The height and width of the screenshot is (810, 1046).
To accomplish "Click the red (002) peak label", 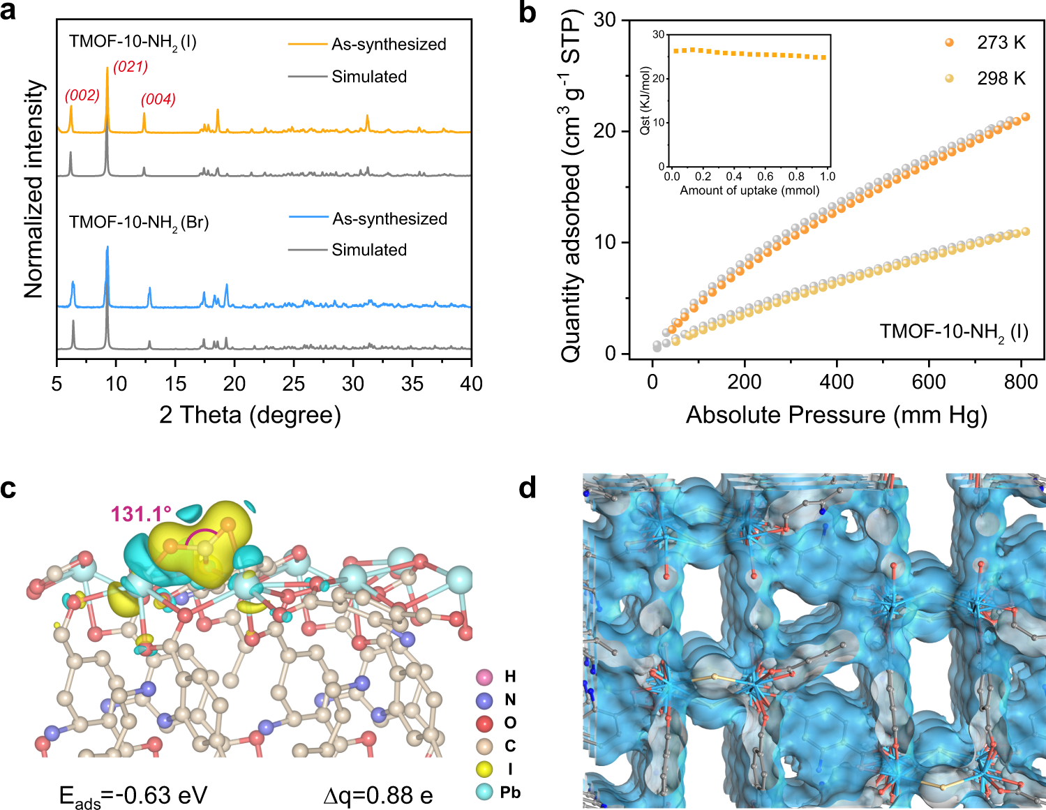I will [x=82, y=96].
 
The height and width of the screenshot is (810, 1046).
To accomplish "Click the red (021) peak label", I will [x=130, y=67].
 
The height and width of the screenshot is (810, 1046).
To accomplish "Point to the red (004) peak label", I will [x=158, y=100].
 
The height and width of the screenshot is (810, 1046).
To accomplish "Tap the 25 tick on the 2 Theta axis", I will [x=294, y=383].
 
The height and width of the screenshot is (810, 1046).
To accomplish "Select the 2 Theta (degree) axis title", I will [x=250, y=415].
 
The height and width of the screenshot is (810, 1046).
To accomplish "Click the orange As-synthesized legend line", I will [x=307, y=45].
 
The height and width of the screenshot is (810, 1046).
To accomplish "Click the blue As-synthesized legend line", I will [x=308, y=218].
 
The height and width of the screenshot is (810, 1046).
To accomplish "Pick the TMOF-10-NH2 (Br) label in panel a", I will [x=139, y=223].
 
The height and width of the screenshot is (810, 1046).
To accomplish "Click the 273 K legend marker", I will [x=949, y=43].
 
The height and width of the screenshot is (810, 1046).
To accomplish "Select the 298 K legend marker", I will [x=949, y=78].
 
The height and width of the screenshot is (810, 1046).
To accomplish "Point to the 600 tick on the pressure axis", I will [x=929, y=382].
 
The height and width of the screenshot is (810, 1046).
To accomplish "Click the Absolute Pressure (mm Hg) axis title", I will [x=836, y=415].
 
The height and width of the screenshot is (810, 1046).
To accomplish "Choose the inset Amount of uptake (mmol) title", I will [x=749, y=190].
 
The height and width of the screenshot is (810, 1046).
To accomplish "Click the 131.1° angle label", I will [x=141, y=515].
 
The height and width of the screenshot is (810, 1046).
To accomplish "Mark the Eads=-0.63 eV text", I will [x=133, y=796].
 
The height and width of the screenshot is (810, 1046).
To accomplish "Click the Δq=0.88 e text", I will [x=378, y=796].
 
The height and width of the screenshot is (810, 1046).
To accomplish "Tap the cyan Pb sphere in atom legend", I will [x=484, y=792].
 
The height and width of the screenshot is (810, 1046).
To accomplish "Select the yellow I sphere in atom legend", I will [x=484, y=769].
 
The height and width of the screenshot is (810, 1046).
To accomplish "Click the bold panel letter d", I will [x=528, y=488].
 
